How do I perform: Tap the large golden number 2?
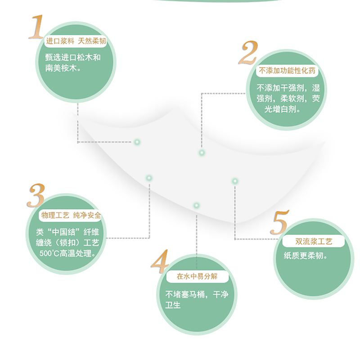tap(247, 54)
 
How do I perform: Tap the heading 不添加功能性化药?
tap(288, 71)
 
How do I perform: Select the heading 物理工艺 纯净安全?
tap(71, 216)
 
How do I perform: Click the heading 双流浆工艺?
tap(314, 242)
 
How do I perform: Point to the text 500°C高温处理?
tap(67, 253)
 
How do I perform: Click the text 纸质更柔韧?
tap(305, 256)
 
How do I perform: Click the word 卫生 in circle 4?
tap(174, 305)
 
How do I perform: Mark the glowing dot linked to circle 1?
tap(137, 142)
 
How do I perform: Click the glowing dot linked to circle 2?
tap(202, 153)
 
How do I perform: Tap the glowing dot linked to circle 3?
tap(149, 178)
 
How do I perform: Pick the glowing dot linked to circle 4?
tap(196, 206)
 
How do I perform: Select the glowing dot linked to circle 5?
tap(234, 181)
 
